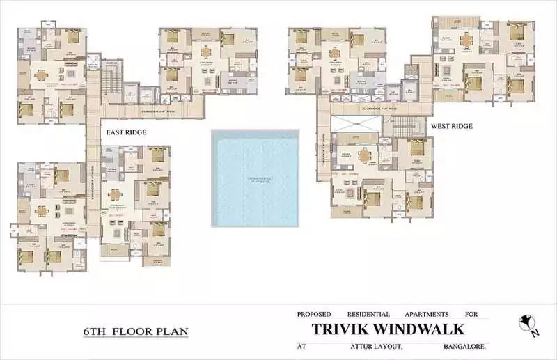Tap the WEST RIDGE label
451,126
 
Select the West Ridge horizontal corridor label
379,109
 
